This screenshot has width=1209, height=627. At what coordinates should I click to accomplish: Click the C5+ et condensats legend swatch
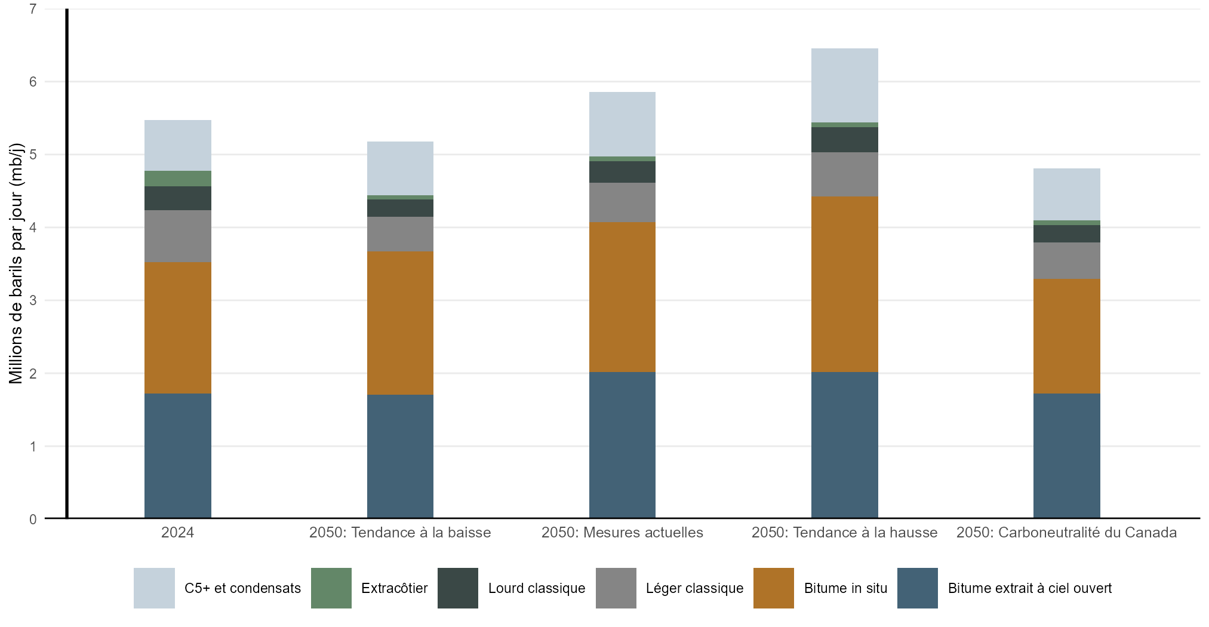(x=154, y=588)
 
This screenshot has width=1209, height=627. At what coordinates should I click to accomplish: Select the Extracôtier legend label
(x=394, y=588)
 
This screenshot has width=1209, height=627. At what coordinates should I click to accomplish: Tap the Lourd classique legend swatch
(x=458, y=588)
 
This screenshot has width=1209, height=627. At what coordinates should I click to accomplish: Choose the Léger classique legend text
(x=694, y=588)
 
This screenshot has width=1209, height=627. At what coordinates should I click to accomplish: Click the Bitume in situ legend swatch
(x=773, y=588)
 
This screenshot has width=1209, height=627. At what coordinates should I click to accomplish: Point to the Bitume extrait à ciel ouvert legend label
(x=1029, y=588)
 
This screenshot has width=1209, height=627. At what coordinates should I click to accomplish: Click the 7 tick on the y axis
(x=33, y=9)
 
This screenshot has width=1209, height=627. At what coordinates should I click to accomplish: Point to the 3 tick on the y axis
(x=33, y=300)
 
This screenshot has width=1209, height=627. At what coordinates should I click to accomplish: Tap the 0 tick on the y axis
(x=33, y=520)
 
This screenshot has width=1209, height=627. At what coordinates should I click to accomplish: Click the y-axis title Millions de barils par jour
(x=16, y=263)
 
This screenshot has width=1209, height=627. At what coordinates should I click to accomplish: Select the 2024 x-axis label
(x=177, y=533)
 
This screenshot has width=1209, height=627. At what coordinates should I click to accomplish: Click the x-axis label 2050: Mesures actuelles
(x=622, y=533)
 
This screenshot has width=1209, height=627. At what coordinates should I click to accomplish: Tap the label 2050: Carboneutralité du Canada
(x=1066, y=533)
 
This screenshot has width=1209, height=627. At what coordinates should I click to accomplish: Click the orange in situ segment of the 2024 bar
(x=177, y=328)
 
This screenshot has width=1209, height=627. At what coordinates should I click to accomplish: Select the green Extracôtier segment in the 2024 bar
(x=177, y=179)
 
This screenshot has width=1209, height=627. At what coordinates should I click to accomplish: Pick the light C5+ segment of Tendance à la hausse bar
(x=844, y=85)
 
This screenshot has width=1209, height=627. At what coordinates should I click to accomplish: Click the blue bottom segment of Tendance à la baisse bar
(x=400, y=456)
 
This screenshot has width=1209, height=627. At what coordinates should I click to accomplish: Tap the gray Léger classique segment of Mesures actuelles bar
(x=622, y=202)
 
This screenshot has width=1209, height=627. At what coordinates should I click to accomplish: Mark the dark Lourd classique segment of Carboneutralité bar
(x=1066, y=233)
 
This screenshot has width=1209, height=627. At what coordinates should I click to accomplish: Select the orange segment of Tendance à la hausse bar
(x=844, y=284)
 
